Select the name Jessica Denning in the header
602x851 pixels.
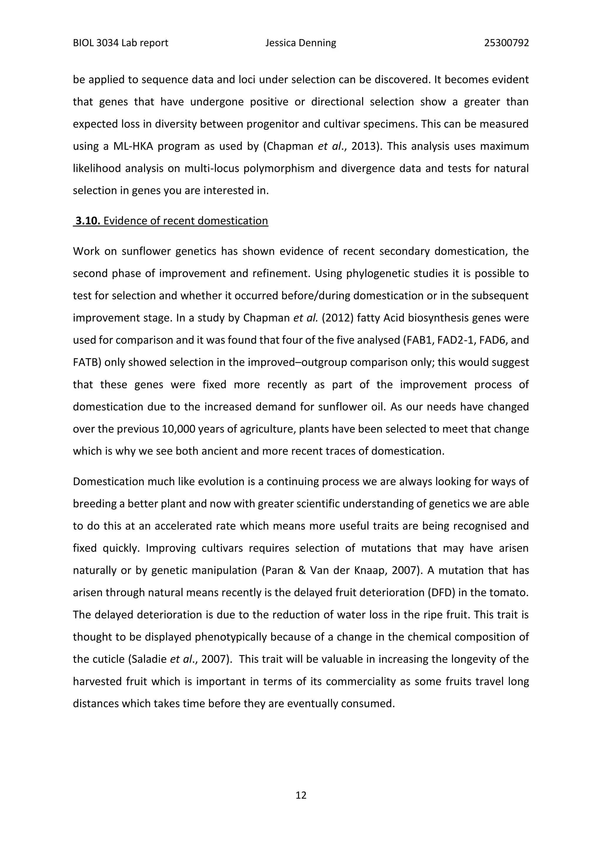coord(301,43)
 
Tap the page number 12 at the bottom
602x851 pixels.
coord(301,795)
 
